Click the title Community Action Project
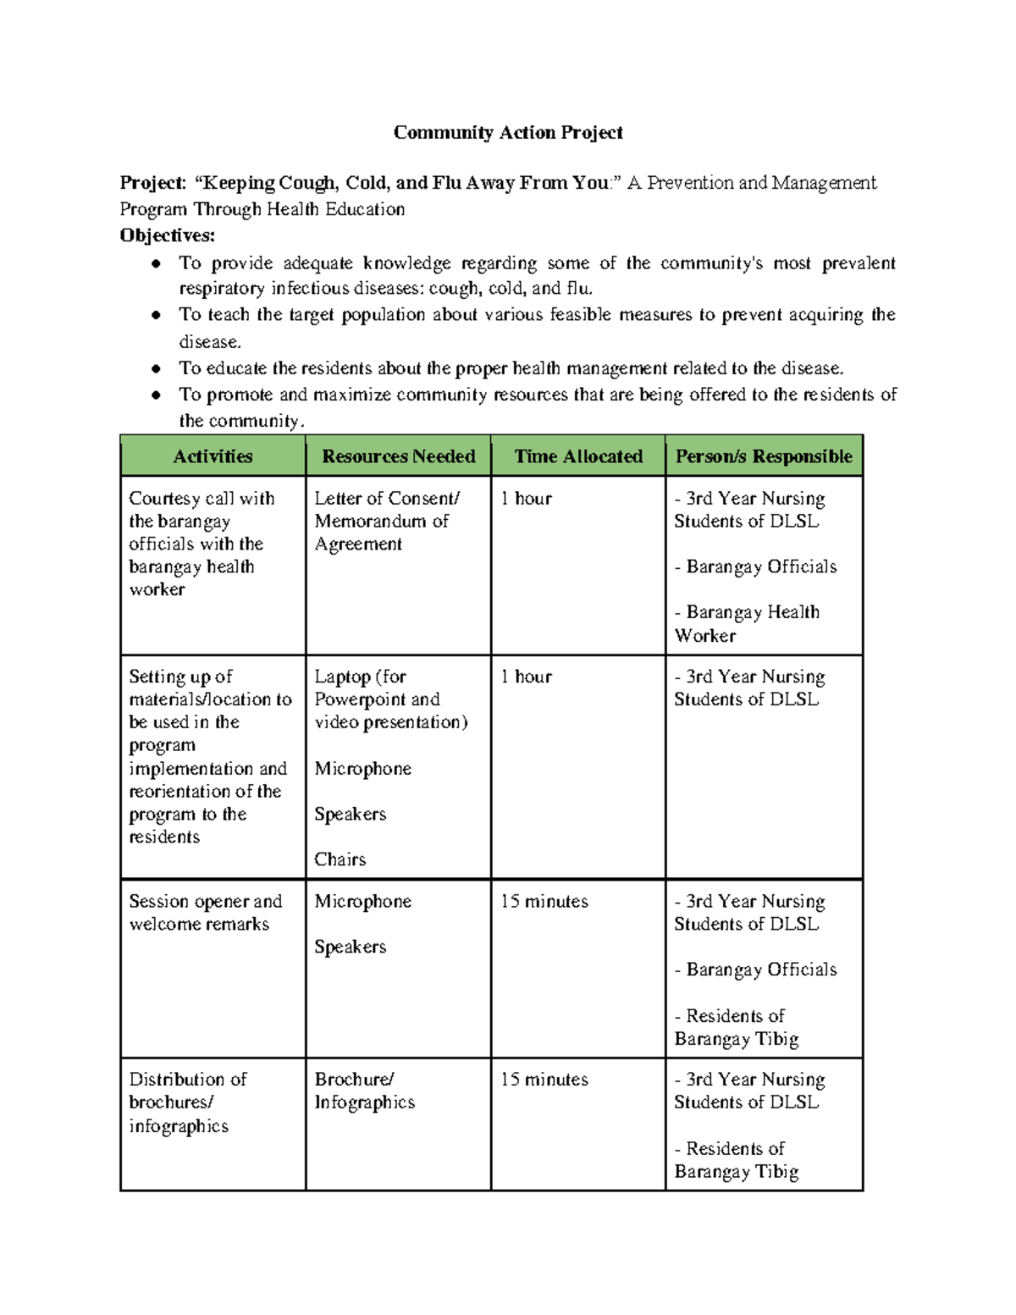coord(508,133)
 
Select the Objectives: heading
coord(168,235)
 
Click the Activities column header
coord(213,456)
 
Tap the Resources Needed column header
coord(398,456)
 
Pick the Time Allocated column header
coord(578,456)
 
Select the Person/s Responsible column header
coord(764,456)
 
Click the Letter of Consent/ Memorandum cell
coord(386,521)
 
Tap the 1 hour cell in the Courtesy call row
coord(526,499)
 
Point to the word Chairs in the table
coord(340,859)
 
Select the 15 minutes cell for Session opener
coord(544,902)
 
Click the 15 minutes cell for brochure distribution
coord(544,1080)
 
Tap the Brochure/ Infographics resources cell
coord(364,1091)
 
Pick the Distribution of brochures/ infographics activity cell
coord(187,1102)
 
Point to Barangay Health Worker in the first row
coord(747,623)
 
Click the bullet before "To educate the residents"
coord(156,369)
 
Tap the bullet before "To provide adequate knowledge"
coord(156,264)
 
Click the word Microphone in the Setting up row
coord(362,769)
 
